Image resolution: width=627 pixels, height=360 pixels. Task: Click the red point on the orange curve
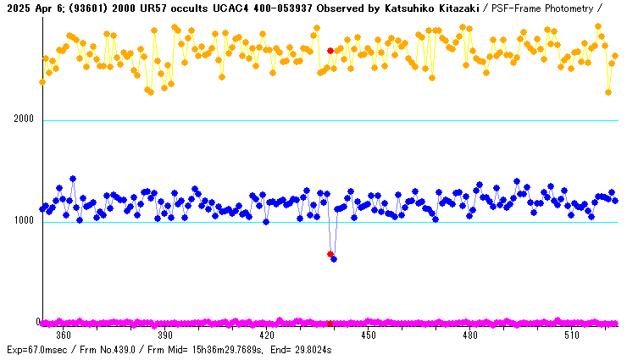pyautogui.click(x=330, y=51)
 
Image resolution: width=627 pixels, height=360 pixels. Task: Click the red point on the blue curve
pyautogui.click(x=330, y=254)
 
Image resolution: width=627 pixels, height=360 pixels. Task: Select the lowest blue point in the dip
pyautogui.click(x=334, y=258)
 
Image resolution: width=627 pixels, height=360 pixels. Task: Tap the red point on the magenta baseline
pyautogui.click(x=330, y=323)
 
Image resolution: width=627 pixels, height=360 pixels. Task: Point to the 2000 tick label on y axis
pyautogui.click(x=24, y=119)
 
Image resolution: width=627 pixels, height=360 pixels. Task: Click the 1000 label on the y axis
pyautogui.click(x=24, y=221)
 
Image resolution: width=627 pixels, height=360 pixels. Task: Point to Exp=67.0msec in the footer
pyautogui.click(x=37, y=349)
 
